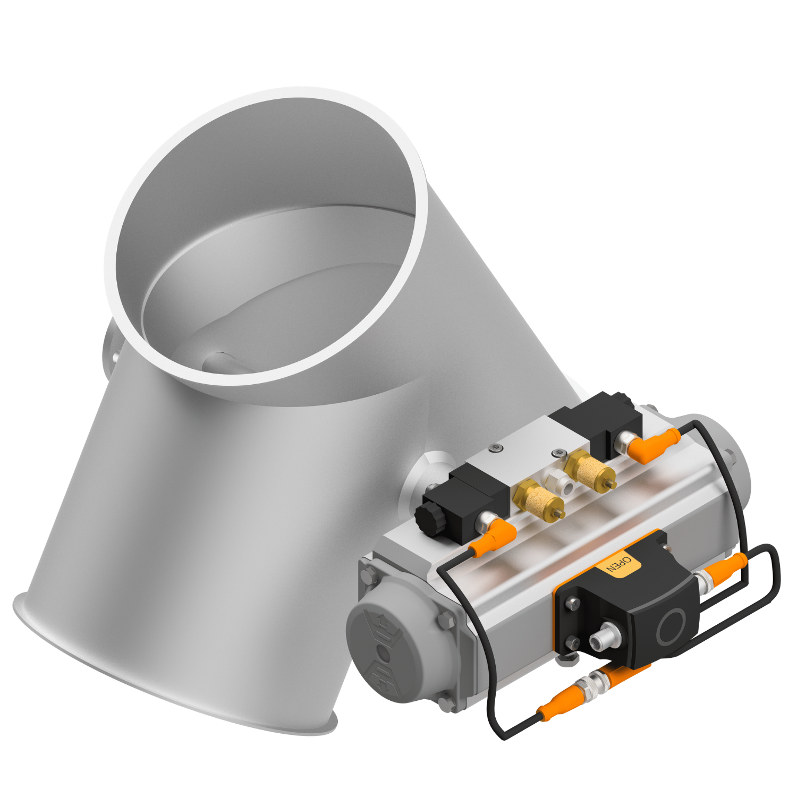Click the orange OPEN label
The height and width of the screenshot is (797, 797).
(620, 564)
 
